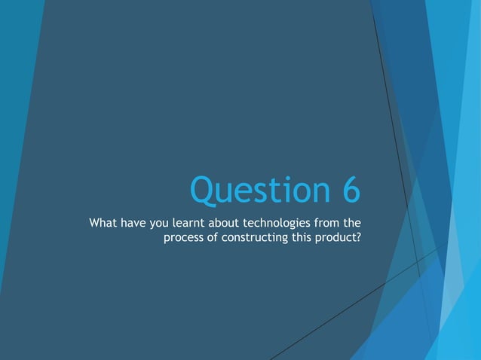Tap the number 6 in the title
click(x=348, y=190)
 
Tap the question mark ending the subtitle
click(x=357, y=238)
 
